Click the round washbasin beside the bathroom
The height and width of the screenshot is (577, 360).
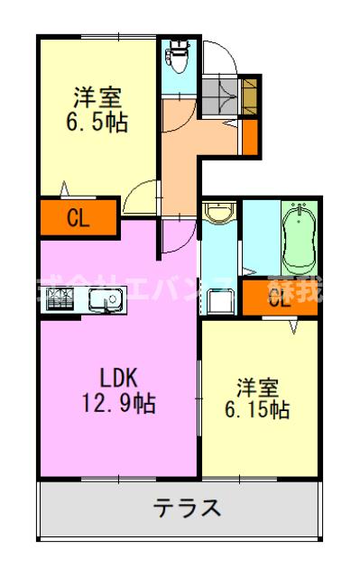click(x=217, y=215)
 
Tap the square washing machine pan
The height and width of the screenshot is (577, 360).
click(x=217, y=301)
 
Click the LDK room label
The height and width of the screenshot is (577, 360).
click(x=117, y=377)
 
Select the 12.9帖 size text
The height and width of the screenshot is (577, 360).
click(x=117, y=404)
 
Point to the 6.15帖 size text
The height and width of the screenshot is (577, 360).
click(x=258, y=410)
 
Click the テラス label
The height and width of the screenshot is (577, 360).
click(x=187, y=508)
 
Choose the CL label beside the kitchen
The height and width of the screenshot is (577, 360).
click(x=78, y=217)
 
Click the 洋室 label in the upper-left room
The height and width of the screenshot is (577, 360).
click(x=97, y=96)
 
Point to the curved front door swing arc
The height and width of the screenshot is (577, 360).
click(x=221, y=58)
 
